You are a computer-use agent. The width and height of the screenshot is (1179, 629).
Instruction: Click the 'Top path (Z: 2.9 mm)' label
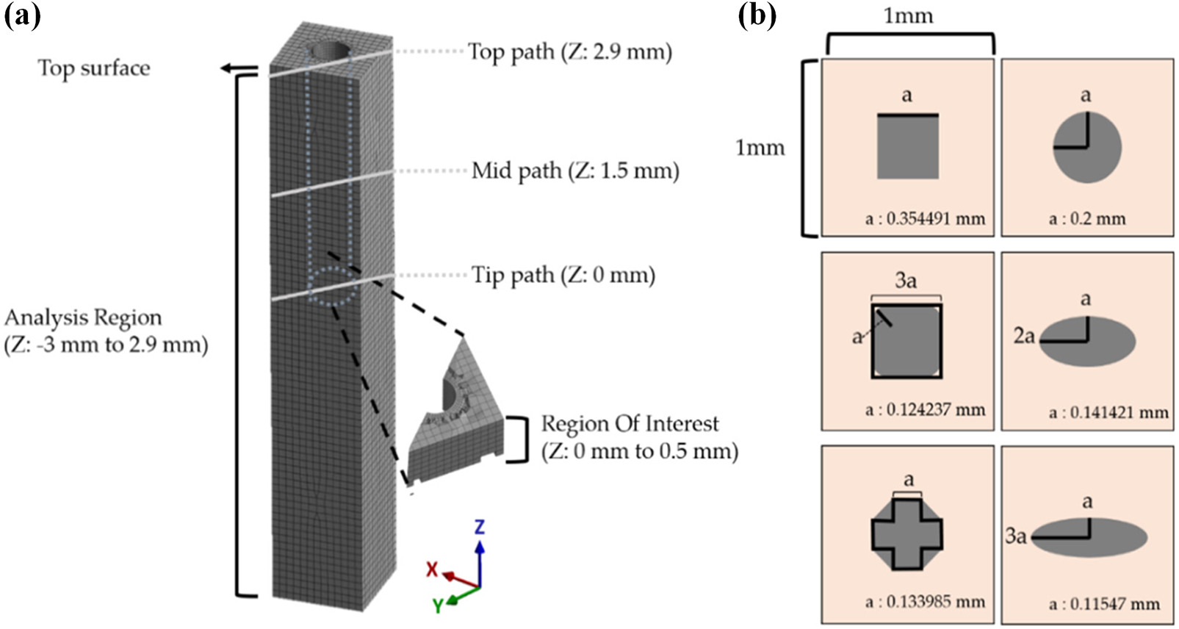coord(570,52)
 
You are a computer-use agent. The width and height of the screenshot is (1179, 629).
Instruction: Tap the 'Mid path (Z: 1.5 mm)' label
coord(575,171)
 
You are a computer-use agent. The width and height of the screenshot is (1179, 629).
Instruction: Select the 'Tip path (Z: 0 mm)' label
coord(563,276)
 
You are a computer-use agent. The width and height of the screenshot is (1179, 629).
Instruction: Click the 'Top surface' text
coord(94,68)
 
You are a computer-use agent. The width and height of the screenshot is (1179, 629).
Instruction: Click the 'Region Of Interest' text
coord(630,424)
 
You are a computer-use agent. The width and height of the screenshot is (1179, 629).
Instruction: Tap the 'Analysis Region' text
coord(83,318)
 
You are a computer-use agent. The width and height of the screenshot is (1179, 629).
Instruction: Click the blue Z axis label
coord(479,526)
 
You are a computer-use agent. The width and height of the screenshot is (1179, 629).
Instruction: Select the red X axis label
coord(433,569)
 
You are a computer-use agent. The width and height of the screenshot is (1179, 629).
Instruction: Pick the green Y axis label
coord(438,605)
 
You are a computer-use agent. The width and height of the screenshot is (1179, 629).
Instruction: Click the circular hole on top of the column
coord(328,52)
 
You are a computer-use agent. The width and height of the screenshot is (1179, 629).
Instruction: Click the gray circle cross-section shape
coord(1087,147)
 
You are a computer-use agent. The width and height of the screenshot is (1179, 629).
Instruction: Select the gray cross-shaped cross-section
coord(906,534)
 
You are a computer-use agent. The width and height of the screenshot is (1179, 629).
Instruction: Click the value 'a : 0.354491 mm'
coord(925,219)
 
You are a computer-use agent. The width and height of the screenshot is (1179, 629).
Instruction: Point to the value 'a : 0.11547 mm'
coord(1104,604)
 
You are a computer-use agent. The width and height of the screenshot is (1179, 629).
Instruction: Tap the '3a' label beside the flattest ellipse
coord(1015,536)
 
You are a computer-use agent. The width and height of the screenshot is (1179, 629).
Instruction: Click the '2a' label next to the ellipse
coord(1024,336)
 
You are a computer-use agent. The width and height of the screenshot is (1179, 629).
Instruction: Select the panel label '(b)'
coord(757,15)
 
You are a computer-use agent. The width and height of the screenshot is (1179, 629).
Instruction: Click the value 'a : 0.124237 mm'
coord(925,410)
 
